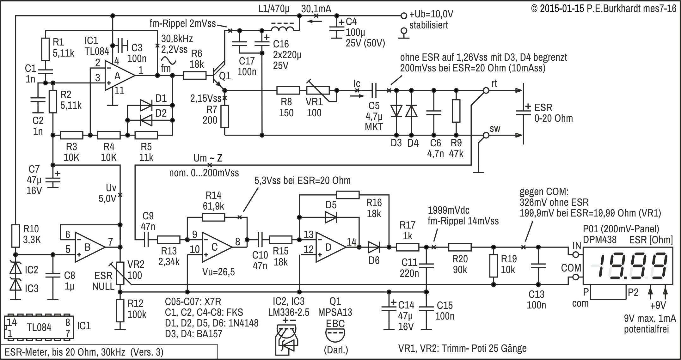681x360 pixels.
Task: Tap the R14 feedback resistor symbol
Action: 213,217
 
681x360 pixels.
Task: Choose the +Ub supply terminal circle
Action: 403,15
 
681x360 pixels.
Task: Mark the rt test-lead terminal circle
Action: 486,91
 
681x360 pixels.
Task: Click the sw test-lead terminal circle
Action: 486,136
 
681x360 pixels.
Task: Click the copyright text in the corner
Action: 604,9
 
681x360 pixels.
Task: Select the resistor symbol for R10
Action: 15,236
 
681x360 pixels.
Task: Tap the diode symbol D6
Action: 374,247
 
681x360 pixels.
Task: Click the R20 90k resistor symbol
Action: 460,247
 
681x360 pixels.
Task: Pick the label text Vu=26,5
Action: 218,272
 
